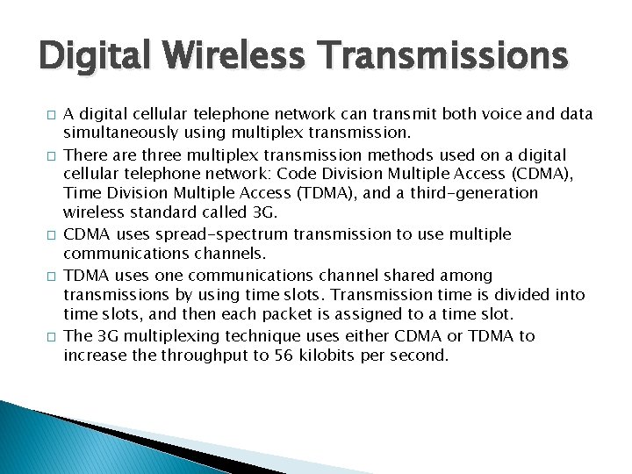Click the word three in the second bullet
click(x=166, y=154)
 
